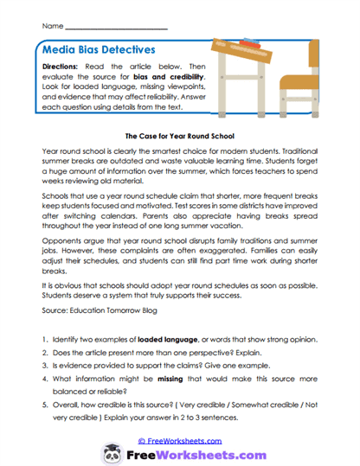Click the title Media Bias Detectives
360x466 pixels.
tap(99, 50)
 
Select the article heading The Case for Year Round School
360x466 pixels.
tap(180, 136)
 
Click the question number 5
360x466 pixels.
tap(44, 411)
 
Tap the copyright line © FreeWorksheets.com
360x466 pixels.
tap(180, 439)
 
